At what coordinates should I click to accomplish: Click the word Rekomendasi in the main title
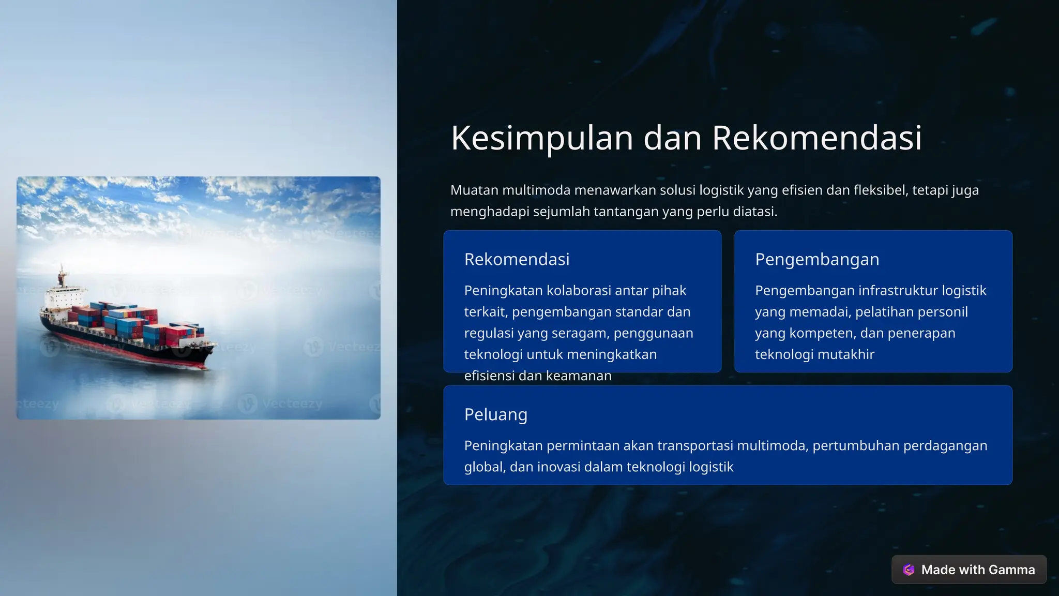(x=816, y=138)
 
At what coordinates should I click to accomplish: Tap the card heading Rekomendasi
(x=517, y=259)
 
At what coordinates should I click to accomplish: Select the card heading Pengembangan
(x=816, y=259)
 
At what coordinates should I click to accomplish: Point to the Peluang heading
(x=495, y=414)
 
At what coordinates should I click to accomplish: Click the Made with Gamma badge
(x=969, y=570)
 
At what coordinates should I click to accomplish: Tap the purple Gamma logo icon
(x=909, y=570)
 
